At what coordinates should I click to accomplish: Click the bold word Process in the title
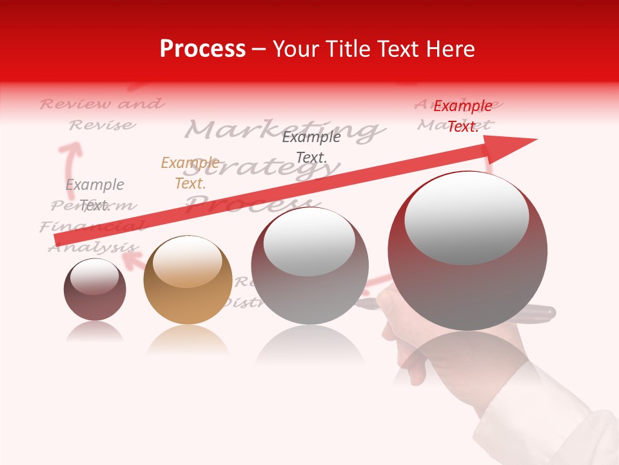[x=202, y=49]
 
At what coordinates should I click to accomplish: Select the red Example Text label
[x=462, y=116]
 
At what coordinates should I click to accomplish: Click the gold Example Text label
[x=190, y=173]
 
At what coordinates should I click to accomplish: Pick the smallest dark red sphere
[x=95, y=289]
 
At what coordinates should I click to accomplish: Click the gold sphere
[x=188, y=280]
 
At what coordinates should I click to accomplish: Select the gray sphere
[x=310, y=265]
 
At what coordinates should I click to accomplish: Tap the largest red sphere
[x=467, y=251]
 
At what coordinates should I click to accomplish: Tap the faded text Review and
[x=102, y=104]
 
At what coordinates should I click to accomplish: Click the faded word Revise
[x=102, y=125]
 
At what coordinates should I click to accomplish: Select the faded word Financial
[x=91, y=227]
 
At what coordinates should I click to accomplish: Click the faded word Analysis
[x=93, y=247]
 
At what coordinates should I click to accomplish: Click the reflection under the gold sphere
[x=188, y=339]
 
